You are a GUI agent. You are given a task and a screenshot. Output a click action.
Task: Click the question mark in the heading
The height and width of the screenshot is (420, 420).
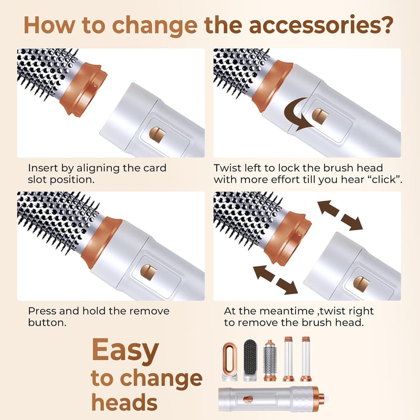pos(385,25)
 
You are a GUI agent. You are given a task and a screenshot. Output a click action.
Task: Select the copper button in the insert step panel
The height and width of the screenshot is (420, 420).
pos(157,135)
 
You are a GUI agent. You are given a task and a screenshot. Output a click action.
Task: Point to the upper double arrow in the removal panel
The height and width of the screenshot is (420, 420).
pos(340,215)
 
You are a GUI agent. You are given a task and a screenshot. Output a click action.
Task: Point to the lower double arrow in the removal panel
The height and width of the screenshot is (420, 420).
pos(276,279)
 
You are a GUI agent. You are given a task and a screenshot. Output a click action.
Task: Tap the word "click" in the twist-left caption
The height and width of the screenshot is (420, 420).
pos(384,180)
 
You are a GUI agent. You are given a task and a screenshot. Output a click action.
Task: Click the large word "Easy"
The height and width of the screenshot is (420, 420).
pos(125,351)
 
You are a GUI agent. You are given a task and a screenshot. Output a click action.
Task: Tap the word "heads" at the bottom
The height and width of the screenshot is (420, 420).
pos(124,402)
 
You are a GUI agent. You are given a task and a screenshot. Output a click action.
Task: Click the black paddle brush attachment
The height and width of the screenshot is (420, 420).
pos(250,360)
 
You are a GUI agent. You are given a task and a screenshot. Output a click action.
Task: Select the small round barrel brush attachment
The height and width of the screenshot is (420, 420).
pos(270,360)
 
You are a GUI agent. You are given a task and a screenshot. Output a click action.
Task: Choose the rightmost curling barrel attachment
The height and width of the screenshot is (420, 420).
pos(306,359)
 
